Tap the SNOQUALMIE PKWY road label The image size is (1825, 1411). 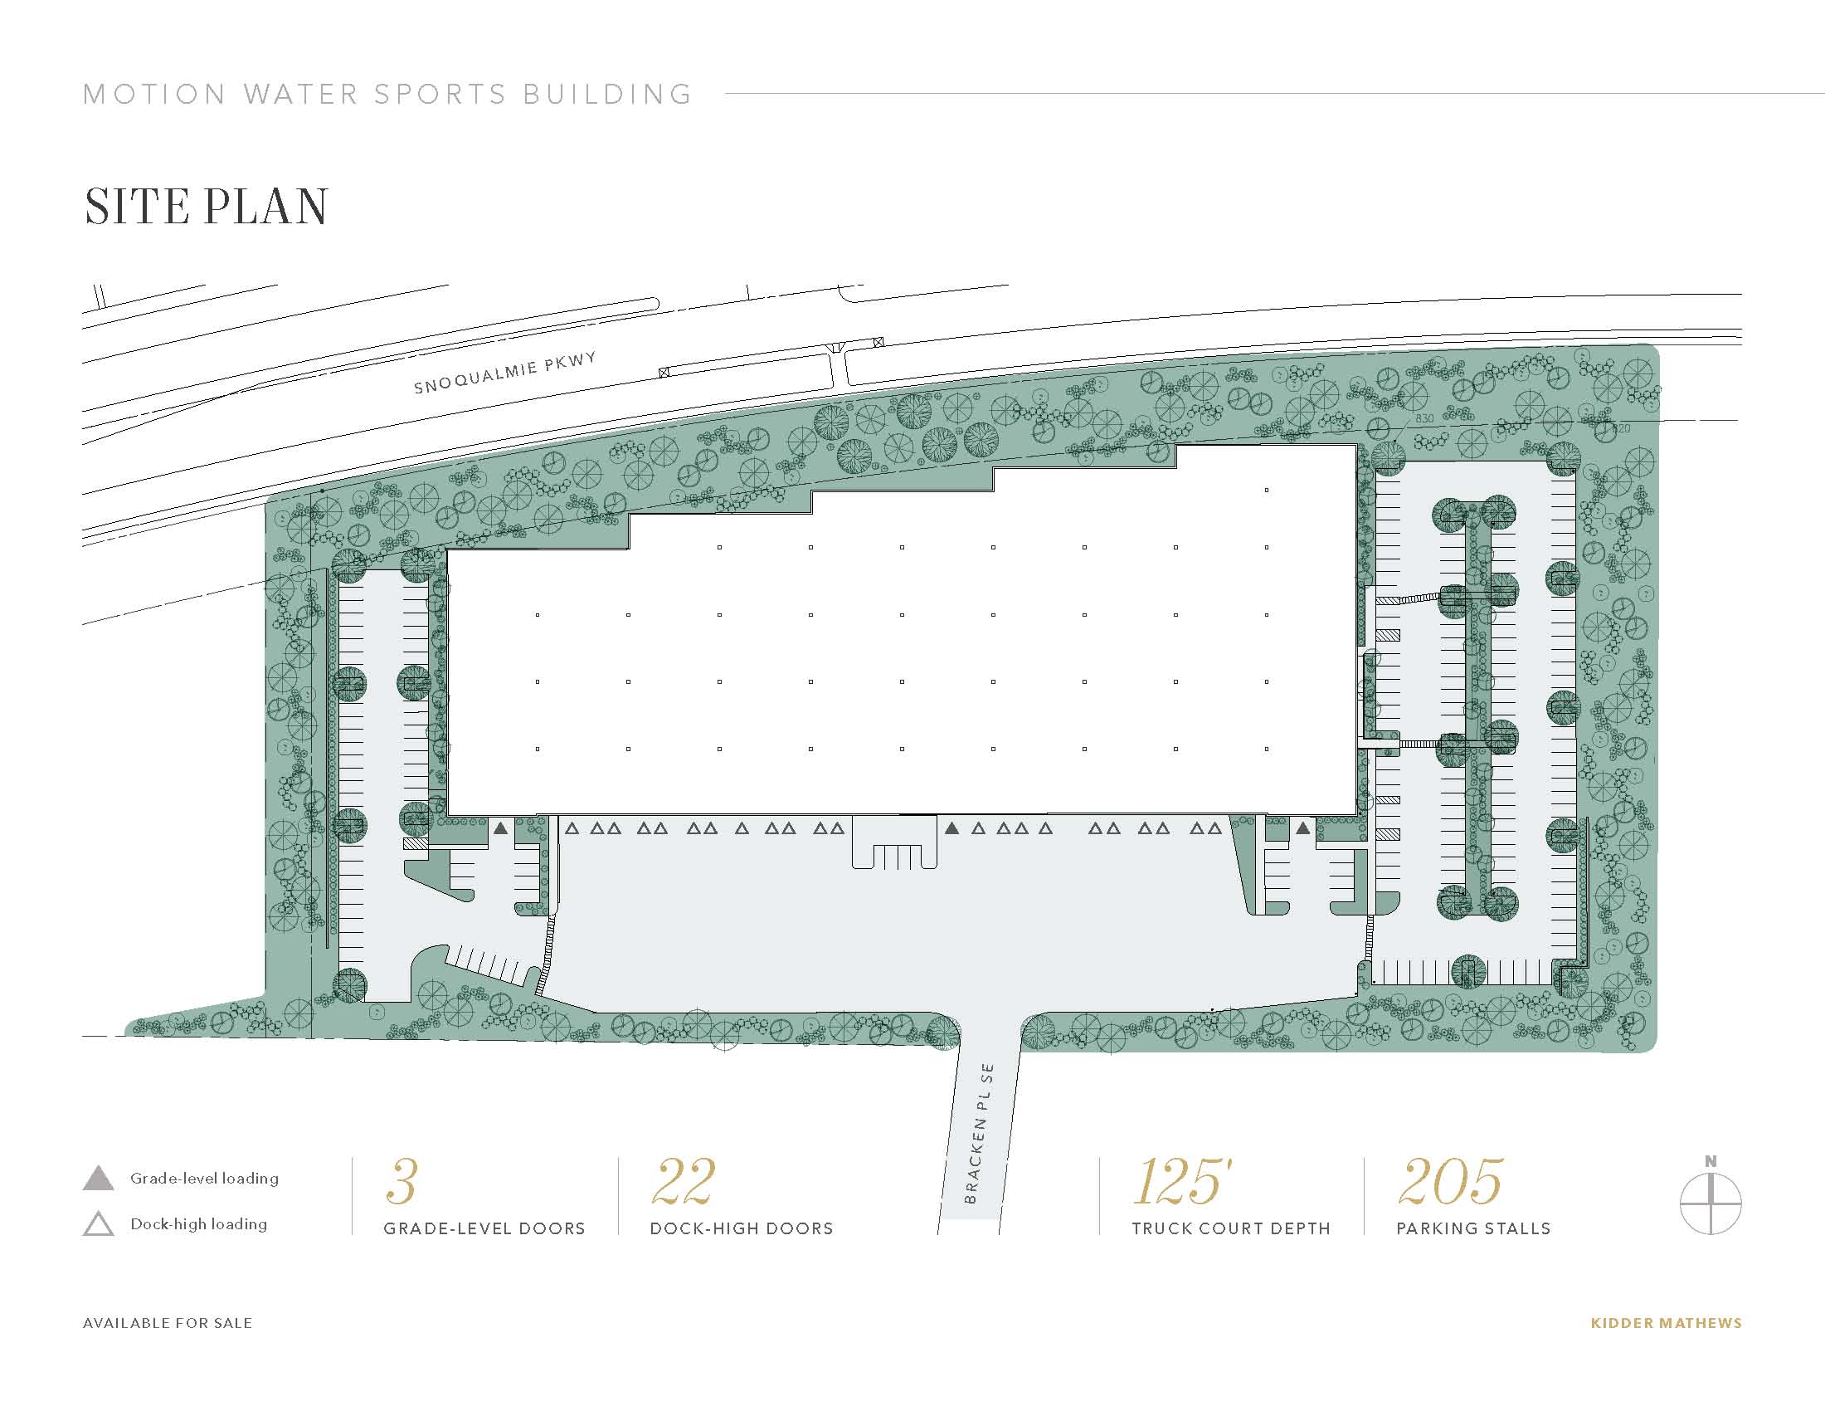pos(505,372)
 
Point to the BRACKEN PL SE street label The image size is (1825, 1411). pos(980,1134)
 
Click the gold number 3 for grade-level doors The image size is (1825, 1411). pos(402,1181)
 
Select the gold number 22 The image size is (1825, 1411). pos(684,1181)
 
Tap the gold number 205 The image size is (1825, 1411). pos(1450,1181)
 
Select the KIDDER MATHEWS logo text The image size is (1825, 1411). pos(1667,1323)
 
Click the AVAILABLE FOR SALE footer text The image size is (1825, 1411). pos(167,1323)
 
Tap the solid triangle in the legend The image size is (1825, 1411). pos(99,1179)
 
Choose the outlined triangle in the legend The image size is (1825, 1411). pos(99,1223)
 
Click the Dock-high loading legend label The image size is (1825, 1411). pos(199,1223)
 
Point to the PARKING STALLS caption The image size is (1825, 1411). pos(1473,1228)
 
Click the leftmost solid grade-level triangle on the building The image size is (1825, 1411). pos(500,828)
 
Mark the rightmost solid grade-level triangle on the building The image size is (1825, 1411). pos(1302,828)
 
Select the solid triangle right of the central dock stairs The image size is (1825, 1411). pos(951,828)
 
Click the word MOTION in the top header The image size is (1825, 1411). pos(155,95)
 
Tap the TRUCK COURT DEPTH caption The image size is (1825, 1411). pos(1231,1228)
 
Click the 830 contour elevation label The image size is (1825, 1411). pos(1423,419)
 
